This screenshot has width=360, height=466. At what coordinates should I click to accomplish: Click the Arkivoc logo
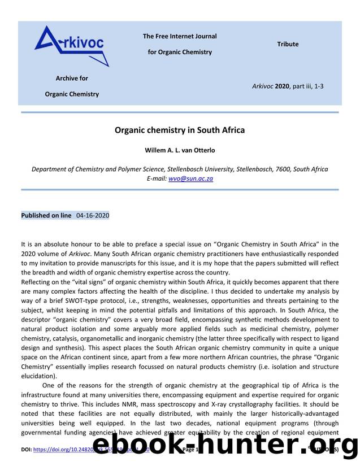pyautogui.click(x=71, y=46)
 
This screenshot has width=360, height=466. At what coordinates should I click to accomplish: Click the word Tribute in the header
pyautogui.click(x=288, y=44)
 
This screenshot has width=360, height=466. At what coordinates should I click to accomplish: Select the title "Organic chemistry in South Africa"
pyautogui.click(x=180, y=130)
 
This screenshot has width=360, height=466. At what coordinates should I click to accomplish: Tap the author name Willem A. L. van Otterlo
pyautogui.click(x=180, y=151)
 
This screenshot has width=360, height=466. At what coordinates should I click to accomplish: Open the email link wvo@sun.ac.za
pyautogui.click(x=190, y=178)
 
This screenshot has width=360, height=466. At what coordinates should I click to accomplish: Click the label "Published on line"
pyautogui.click(x=46, y=215)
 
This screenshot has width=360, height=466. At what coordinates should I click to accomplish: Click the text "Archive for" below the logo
pyautogui.click(x=72, y=79)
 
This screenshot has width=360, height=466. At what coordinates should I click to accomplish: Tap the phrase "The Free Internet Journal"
pyautogui.click(x=180, y=36)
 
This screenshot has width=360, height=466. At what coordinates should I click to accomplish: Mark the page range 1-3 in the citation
pyautogui.click(x=319, y=86)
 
